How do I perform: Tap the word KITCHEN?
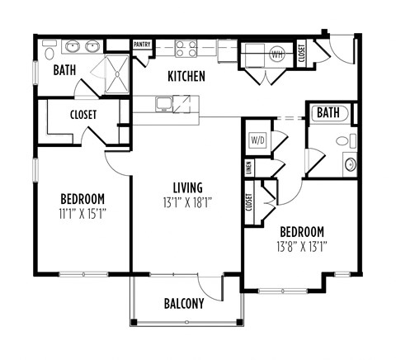[x=186, y=77]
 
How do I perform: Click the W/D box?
[x=257, y=140]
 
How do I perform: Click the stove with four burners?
[x=186, y=49]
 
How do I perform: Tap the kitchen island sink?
[x=164, y=104]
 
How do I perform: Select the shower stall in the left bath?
[x=113, y=74]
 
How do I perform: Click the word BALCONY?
[x=183, y=303]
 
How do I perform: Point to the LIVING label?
[x=187, y=187]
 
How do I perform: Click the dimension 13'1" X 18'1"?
[x=187, y=202]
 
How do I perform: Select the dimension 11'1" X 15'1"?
[x=82, y=213]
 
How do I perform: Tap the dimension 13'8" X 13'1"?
[x=301, y=246]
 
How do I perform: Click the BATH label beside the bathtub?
[x=328, y=112]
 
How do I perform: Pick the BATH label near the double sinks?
[x=65, y=71]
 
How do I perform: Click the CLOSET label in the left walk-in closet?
[x=82, y=114]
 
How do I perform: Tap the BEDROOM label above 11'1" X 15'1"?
[x=82, y=198]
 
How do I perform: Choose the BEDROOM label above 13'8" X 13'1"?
[x=301, y=231]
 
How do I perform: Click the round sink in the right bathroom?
[x=350, y=163]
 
